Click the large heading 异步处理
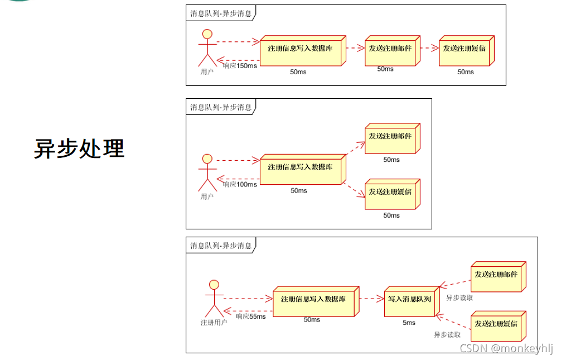pos(79,149)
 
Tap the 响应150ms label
pos(240,66)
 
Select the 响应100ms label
pos(240,184)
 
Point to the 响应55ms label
pos(250,316)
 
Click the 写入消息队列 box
pos(409,300)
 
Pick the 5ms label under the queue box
pos(409,323)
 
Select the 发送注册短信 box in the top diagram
pos(464,49)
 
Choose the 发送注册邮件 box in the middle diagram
pos(390,137)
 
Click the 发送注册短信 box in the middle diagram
pos(390,193)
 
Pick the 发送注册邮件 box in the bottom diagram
pos(496,275)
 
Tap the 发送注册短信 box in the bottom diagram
pos(496,324)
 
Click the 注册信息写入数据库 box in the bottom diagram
pos(313,300)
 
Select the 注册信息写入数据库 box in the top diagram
pos(301,49)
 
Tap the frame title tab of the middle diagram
pos(221,107)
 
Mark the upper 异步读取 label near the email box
pos(460,297)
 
